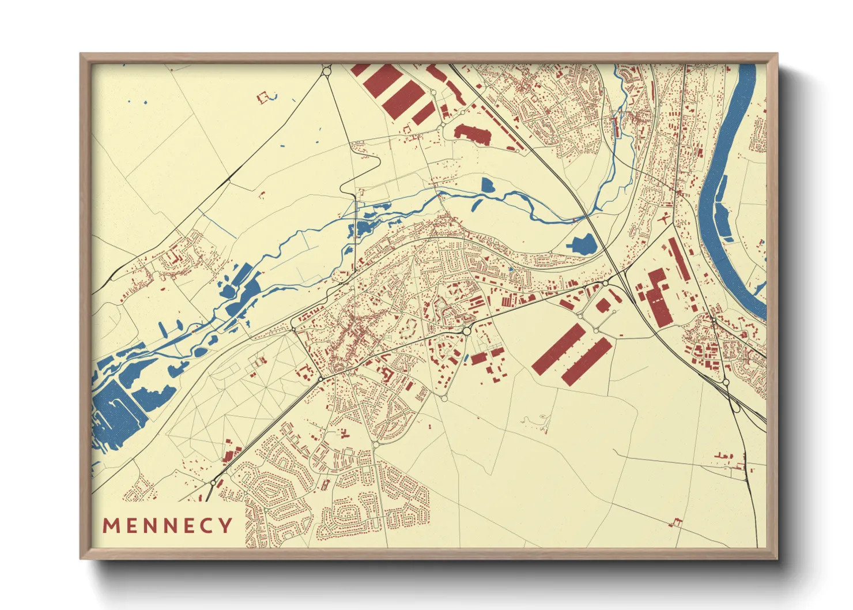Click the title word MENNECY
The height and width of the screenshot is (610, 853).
tap(167, 525)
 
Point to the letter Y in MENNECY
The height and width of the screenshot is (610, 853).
tap(225, 525)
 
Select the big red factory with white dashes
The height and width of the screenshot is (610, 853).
tap(656, 297)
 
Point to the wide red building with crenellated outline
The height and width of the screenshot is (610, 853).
tap(473, 133)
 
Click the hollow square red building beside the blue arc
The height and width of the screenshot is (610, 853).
tap(264, 97)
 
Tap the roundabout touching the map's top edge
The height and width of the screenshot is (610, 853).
tap(327, 71)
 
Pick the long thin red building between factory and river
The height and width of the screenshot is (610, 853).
tap(679, 259)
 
